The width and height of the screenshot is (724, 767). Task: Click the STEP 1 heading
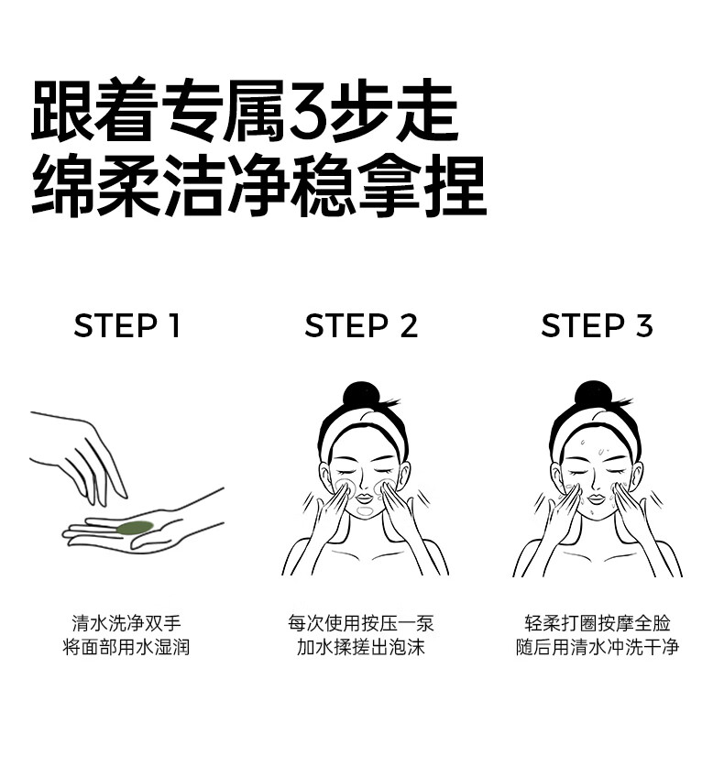point(127,325)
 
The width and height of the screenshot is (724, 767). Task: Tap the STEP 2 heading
point(361,325)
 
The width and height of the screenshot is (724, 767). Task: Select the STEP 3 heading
point(597,325)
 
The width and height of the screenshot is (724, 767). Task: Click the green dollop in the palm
point(135,528)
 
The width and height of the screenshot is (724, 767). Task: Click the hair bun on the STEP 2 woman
point(361,394)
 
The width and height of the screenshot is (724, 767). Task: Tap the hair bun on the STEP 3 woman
point(592,393)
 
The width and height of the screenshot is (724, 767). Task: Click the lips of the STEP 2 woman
point(364,499)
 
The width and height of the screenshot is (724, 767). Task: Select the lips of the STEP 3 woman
point(596,499)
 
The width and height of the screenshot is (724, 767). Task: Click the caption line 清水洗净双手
point(126,623)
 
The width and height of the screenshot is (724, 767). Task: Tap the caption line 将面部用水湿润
point(126,647)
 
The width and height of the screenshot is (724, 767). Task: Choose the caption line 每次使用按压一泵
point(361,623)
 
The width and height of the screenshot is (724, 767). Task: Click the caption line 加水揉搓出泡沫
point(361,647)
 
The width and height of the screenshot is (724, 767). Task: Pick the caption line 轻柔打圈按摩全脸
point(598,623)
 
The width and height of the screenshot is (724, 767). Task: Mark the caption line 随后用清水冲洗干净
point(598,647)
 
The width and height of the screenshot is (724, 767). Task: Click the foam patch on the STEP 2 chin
point(365,511)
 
